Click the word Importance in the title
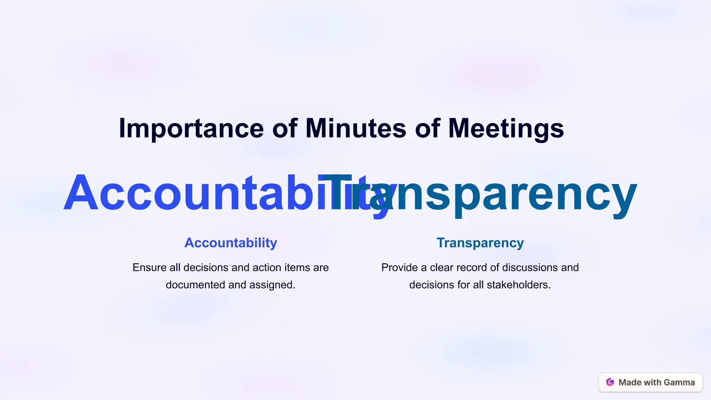191,129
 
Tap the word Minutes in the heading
355,128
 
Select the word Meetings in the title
506,129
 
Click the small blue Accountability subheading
231,243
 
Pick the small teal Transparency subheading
480,243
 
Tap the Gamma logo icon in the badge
610,382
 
